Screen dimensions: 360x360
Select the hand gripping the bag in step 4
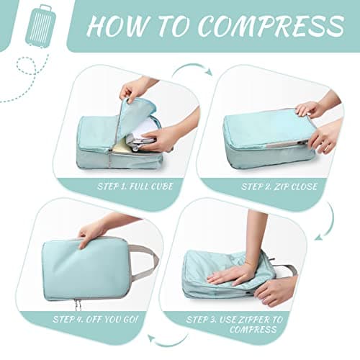pos(92,232)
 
